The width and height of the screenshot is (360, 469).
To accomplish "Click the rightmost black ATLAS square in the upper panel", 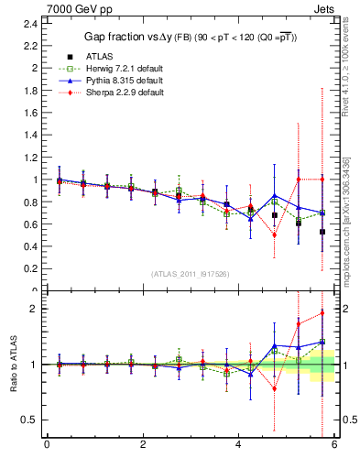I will [322, 232].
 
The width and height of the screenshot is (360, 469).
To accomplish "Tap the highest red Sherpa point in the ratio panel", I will [322, 313].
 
